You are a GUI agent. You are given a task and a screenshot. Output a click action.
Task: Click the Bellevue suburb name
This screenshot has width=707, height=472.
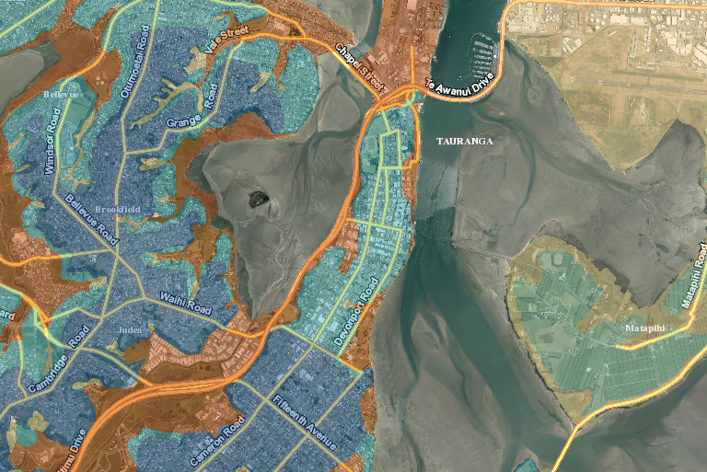pyautogui.click(x=62, y=94)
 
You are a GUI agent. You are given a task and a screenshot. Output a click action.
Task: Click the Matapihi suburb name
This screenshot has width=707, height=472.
pyautogui.click(x=644, y=328)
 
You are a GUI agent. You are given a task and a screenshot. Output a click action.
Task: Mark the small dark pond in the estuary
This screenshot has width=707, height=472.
pyautogui.click(x=258, y=196)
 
